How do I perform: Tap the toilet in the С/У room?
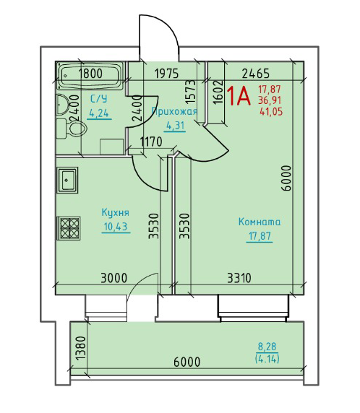72,129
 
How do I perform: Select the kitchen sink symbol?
67,180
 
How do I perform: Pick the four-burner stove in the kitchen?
69,228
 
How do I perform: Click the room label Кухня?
115,213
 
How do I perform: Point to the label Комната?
260,222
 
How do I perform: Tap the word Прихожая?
175,111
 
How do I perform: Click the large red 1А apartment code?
238,96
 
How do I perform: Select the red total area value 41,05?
271,112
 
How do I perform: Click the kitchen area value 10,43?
116,227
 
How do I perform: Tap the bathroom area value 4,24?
99,113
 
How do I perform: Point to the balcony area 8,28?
267,347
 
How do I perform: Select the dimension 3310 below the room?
239,278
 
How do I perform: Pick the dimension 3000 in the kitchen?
114,278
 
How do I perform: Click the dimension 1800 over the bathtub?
90,73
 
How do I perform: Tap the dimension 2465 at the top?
256,74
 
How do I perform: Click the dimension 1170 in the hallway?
151,142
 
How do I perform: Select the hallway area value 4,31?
176,126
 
